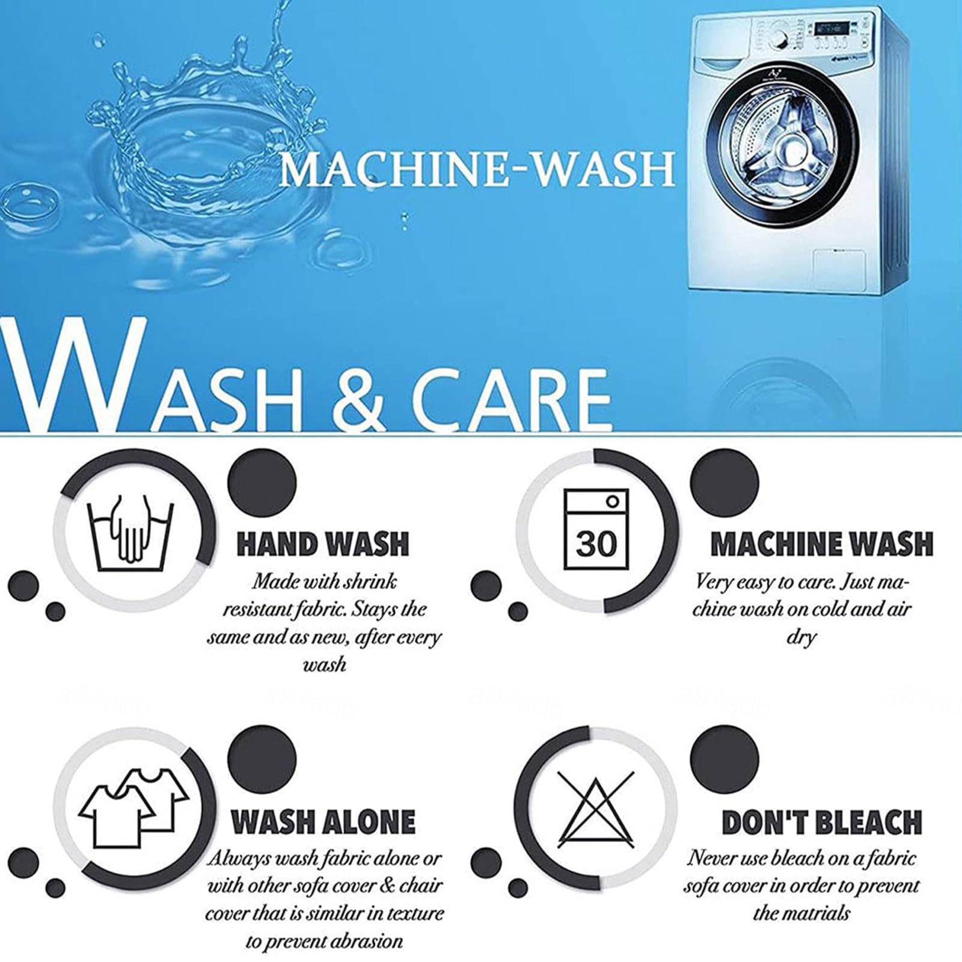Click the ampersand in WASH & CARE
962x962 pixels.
pyautogui.click(x=359, y=399)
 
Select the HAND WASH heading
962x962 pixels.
pyautogui.click(x=323, y=544)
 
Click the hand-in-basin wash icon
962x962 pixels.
pyautogui.click(x=130, y=533)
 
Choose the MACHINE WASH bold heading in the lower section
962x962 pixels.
pyautogui.click(x=821, y=544)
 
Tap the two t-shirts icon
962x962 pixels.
pyautogui.click(x=133, y=807)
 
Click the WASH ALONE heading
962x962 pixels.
pyautogui.click(x=323, y=822)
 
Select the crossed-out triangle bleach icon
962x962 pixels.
pyautogui.click(x=596, y=807)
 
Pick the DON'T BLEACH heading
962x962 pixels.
pyautogui.click(x=821, y=822)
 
